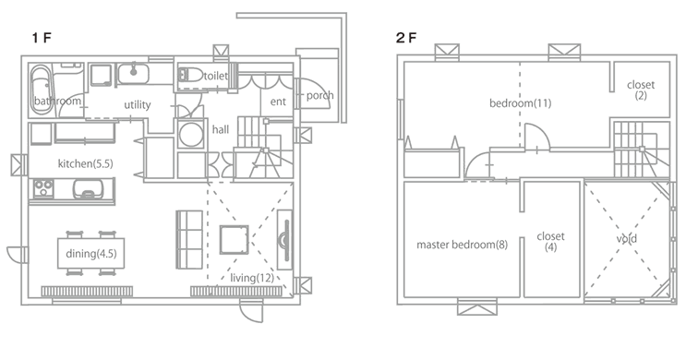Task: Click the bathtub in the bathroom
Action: point(42,90)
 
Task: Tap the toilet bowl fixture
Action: point(189,75)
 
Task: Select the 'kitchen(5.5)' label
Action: point(86,163)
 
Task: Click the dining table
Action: point(90,253)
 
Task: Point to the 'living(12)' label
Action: point(252,278)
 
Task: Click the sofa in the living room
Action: point(189,239)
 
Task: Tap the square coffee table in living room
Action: point(234,239)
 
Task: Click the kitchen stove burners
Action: point(43,188)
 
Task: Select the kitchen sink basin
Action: point(88,187)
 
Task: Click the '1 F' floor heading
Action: point(42,38)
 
